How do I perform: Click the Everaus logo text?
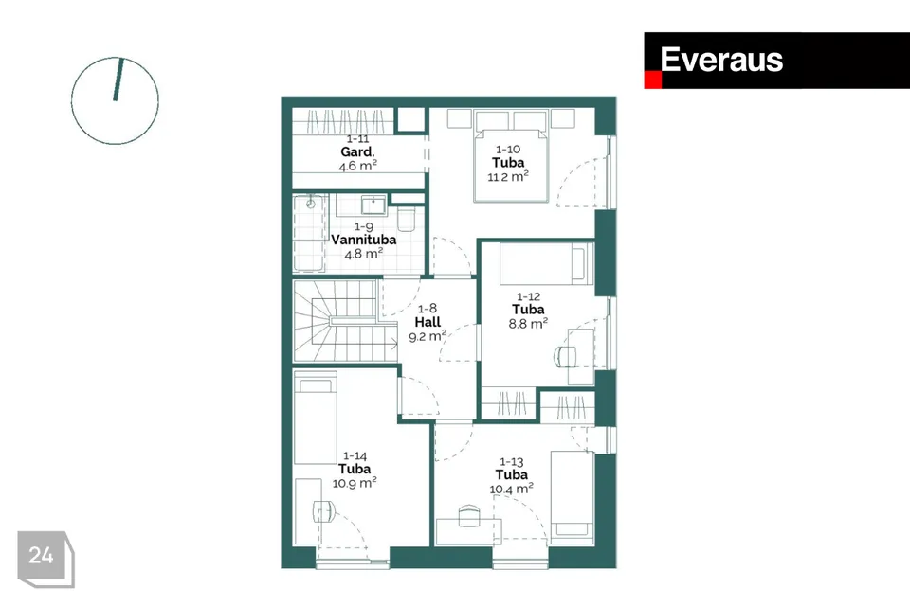[x=721, y=60]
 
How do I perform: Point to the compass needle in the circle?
[x=118, y=80]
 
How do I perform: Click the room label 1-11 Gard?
[x=357, y=146]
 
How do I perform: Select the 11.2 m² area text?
[x=508, y=176]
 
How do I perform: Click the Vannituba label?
[x=364, y=240]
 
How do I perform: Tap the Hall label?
[x=428, y=322]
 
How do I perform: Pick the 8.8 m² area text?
[x=528, y=323]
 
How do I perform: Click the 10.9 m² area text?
[x=355, y=483]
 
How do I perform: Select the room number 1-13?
[x=511, y=462]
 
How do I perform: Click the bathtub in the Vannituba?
[x=309, y=234]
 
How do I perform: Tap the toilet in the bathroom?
[x=407, y=219]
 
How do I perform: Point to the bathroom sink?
[x=373, y=205]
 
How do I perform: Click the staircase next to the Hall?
[x=337, y=321]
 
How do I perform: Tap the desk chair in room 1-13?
[x=469, y=515]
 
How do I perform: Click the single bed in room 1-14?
[x=315, y=418]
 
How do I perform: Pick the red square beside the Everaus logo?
[x=653, y=80]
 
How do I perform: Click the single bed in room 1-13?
[x=573, y=497]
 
